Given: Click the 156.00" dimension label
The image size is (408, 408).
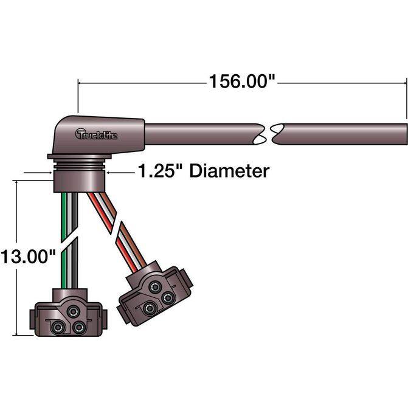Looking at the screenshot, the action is pyautogui.click(x=242, y=81).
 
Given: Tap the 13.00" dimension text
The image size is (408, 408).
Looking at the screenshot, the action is pyautogui.click(x=28, y=256).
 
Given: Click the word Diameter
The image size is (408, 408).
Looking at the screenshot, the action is pyautogui.click(x=229, y=171).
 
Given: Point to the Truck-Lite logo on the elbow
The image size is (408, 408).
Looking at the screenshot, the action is pyautogui.click(x=96, y=134).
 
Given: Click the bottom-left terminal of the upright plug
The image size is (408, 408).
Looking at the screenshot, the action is pyautogui.click(x=57, y=327).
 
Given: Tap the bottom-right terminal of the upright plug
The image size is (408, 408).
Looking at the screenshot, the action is pyautogui.click(x=79, y=327).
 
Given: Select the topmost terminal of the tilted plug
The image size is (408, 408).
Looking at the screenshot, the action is pyautogui.click(x=155, y=287).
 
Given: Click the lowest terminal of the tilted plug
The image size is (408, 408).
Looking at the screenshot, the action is pyautogui.click(x=150, y=308).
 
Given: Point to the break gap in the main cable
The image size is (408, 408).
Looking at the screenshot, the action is pyautogui.click(x=269, y=134).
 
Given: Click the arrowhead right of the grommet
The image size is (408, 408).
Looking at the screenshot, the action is pyautogui.click(x=108, y=172).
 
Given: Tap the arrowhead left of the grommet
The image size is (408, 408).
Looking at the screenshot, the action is pyautogui.click(x=50, y=173).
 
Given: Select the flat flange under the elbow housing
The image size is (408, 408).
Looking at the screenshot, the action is pyautogui.click(x=80, y=156).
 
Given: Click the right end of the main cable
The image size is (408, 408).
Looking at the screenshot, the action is pyautogui.click(x=406, y=134).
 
